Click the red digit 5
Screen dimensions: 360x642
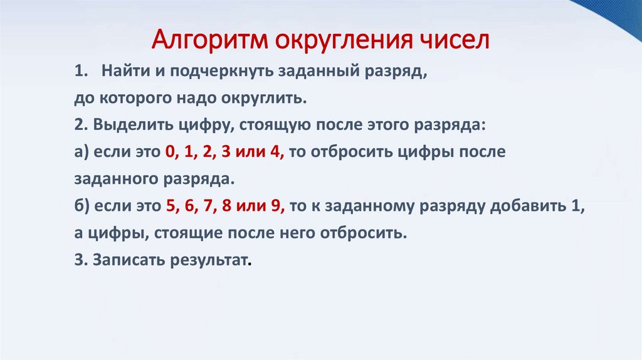click(x=171, y=206)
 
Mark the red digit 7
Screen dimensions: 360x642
click(x=209, y=206)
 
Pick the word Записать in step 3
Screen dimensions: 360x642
click(x=125, y=260)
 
